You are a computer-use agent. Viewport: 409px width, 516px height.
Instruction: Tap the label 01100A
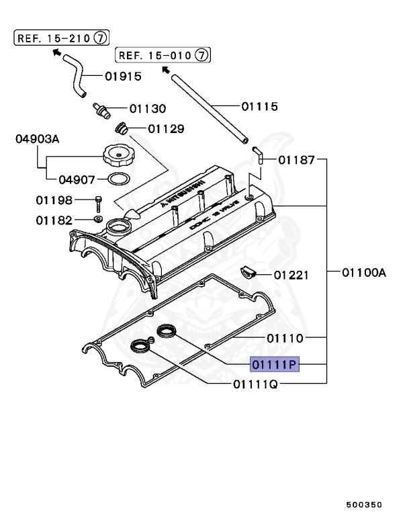point(363,273)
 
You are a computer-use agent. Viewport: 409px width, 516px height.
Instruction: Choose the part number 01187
point(296,159)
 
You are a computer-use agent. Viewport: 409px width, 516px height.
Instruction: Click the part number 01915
point(123,76)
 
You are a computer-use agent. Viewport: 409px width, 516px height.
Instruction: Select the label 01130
point(148,108)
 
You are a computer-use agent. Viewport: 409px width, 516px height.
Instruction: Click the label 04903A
point(38,139)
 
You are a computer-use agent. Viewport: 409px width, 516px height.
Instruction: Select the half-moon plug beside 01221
point(248,271)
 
